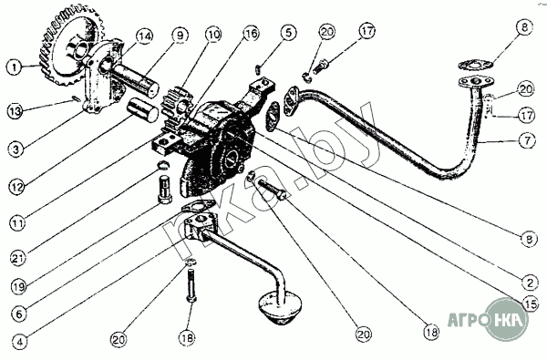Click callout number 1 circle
[x=15, y=67]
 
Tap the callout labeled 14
[x=144, y=36]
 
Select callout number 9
[x=180, y=36]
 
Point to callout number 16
[x=251, y=34]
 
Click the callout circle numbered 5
[x=288, y=33]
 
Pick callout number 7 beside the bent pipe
[x=526, y=140]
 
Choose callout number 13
[x=15, y=111]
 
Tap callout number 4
[x=19, y=342]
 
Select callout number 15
[x=531, y=305]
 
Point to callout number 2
[x=530, y=282]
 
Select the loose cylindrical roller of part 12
[x=142, y=110]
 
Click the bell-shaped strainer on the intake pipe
[x=279, y=308]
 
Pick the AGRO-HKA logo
[x=488, y=319]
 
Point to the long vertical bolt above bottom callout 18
[x=191, y=285]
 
